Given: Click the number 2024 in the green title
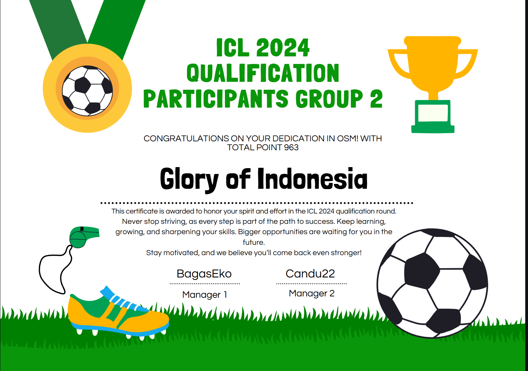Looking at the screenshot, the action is click(x=282, y=48).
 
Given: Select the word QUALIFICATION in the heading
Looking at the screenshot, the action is click(x=263, y=73).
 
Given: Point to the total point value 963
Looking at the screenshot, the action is click(x=291, y=147).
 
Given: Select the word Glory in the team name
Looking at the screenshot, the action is click(x=189, y=180).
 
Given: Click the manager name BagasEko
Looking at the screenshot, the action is click(x=204, y=274).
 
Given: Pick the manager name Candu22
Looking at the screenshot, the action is click(x=310, y=274).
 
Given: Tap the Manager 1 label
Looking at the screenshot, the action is click(x=205, y=295).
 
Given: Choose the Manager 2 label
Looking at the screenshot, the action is click(x=312, y=293).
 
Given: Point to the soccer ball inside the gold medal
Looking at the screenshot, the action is click(x=87, y=91).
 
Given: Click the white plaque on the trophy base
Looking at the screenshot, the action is click(x=433, y=113).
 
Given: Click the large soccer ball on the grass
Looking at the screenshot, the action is click(x=432, y=283).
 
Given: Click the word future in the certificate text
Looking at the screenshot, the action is click(x=254, y=242).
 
